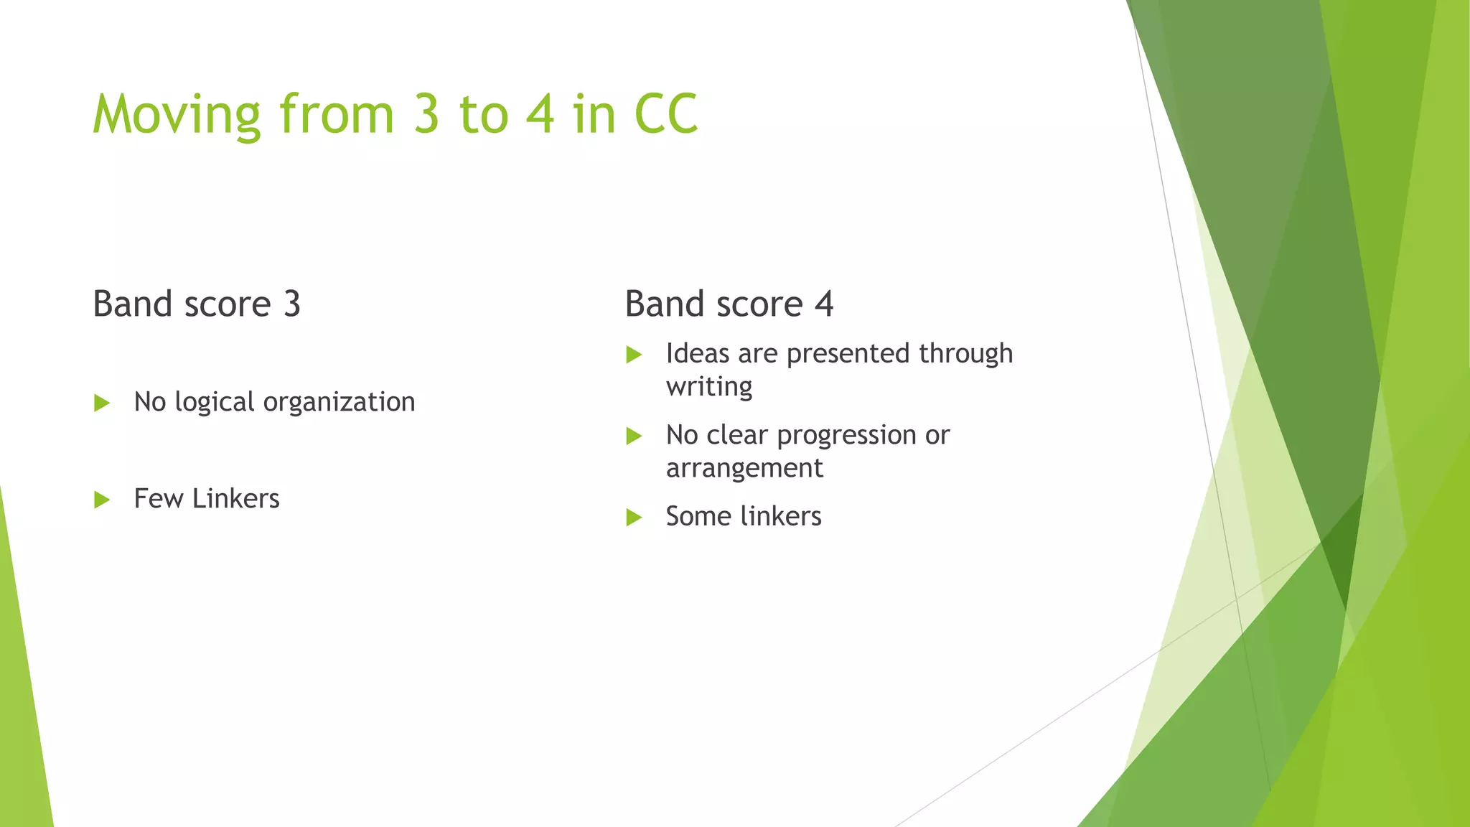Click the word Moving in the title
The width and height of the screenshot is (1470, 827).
point(177,115)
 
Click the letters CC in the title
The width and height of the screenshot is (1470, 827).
point(666,115)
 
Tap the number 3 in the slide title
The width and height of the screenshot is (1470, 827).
point(426,115)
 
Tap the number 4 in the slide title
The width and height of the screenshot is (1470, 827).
point(540,115)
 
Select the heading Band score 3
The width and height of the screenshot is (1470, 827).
point(197,304)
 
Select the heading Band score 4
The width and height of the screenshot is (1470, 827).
point(729,304)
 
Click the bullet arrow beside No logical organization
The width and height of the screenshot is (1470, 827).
point(102,403)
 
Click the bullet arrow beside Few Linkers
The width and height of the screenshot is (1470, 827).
point(102,500)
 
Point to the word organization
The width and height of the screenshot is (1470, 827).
point(339,402)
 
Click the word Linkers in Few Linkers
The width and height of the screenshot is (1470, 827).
point(235,499)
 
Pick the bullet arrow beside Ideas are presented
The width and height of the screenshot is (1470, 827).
point(634,355)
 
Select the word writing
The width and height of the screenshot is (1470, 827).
point(709,387)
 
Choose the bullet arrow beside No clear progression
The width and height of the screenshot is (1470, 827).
point(634,436)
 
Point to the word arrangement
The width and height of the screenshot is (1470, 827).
point(744,469)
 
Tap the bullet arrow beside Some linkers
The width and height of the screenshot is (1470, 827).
point(634,517)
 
